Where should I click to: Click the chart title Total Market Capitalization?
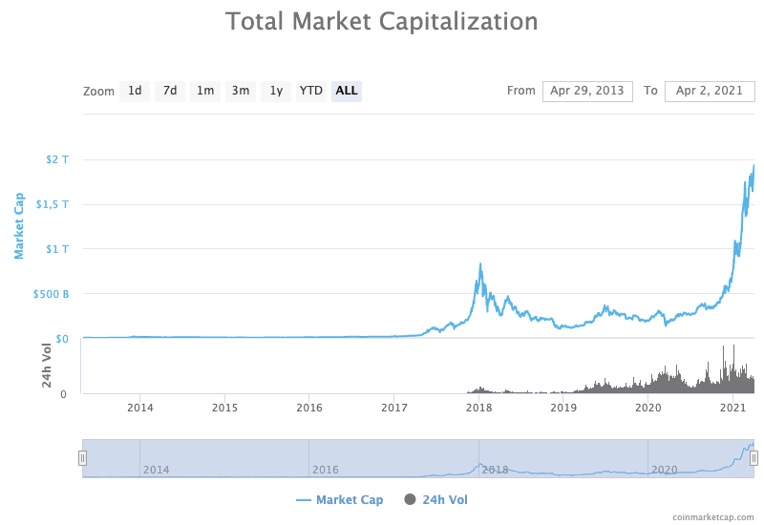click(x=381, y=21)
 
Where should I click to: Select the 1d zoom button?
click(x=135, y=91)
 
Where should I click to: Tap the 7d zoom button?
click(x=170, y=91)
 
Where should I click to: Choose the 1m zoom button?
click(x=205, y=91)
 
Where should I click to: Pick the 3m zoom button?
click(x=241, y=91)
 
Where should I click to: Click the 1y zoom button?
click(x=276, y=91)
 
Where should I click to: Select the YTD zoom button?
click(x=311, y=91)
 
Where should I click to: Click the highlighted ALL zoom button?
click(x=347, y=91)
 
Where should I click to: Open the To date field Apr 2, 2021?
click(x=709, y=91)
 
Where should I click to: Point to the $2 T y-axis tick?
click(x=57, y=159)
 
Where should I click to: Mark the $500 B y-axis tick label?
click(x=52, y=294)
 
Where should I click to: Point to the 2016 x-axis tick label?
click(x=309, y=408)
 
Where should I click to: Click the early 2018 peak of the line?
click(x=479, y=264)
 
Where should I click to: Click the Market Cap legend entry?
click(x=340, y=499)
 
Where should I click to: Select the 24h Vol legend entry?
click(x=436, y=499)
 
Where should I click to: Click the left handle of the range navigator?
click(x=82, y=458)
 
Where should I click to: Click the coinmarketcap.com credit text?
click(x=712, y=516)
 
